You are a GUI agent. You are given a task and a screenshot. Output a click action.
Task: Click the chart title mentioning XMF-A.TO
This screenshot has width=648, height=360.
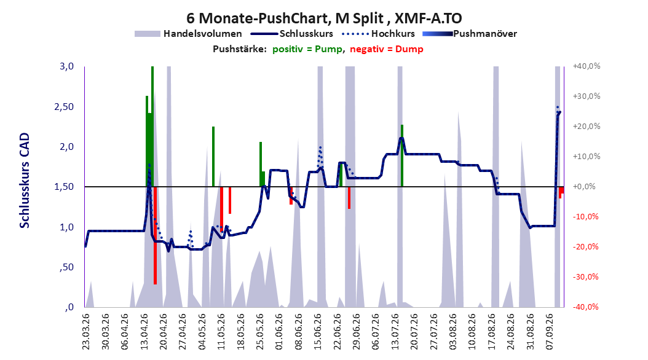coord(324,18)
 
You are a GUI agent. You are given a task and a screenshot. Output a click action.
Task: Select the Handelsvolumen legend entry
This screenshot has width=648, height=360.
coord(188,34)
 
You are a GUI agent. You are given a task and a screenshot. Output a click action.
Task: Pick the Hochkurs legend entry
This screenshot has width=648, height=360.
coord(378,34)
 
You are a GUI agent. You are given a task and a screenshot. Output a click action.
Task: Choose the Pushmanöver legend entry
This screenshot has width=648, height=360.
coord(470,34)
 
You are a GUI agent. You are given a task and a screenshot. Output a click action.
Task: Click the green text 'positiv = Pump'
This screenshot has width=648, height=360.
coord(307,49)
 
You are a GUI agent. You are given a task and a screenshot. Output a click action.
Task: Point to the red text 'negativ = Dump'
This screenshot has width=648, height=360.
coord(387,49)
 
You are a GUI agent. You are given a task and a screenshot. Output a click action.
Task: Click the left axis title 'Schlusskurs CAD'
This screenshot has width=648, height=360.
coord(25,181)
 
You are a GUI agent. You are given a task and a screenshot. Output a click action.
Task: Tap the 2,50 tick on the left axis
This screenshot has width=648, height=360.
coord(64,107)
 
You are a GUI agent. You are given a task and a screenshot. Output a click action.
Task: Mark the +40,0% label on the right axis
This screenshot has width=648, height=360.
coord(586,66)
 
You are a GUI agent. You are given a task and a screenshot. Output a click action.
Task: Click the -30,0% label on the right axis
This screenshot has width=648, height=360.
coord(586,277)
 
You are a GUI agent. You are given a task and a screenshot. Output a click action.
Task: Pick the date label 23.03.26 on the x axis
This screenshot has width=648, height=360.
coord(85,332)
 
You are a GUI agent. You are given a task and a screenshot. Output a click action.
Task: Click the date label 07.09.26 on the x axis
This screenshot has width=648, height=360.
coord(550,332)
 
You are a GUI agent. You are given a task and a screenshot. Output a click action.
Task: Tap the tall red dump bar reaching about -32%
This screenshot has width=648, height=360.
coord(155,235)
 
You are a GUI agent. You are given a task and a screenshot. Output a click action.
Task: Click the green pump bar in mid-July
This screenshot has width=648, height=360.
coord(401,155)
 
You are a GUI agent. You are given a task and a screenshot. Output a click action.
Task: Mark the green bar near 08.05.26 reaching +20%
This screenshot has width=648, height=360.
coord(213,157)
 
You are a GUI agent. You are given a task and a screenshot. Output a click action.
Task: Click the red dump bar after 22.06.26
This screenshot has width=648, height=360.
coord(349,198)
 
